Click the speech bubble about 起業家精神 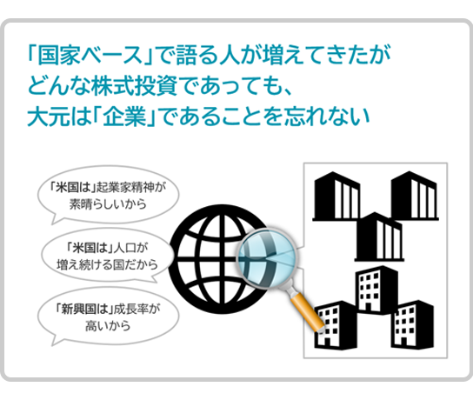108,196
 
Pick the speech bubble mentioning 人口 108,256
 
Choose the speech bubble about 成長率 108,317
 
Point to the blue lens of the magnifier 267,258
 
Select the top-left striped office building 336,196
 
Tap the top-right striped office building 415,196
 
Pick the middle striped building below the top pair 379,237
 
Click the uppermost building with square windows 376,290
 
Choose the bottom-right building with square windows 413,325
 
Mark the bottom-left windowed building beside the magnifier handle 336,325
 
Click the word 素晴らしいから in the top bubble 108,204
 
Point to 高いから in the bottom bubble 108,326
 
